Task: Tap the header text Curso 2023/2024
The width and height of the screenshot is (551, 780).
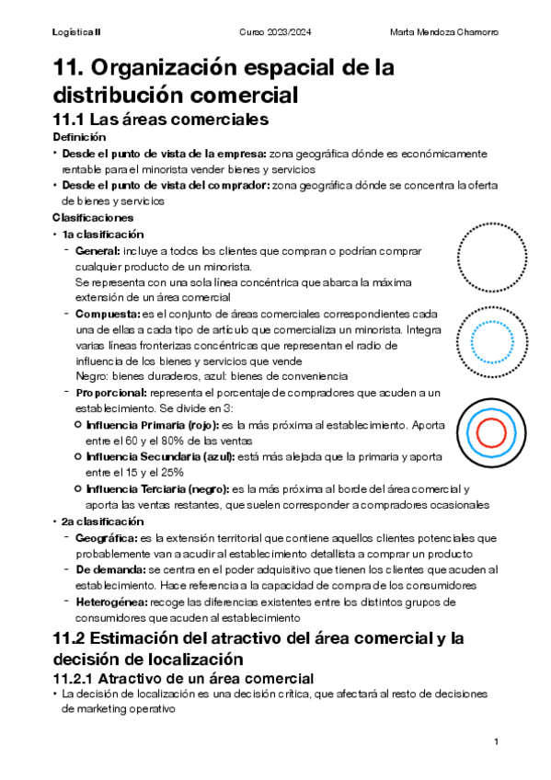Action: coord(274,33)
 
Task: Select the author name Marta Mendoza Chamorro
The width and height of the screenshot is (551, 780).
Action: coord(444,33)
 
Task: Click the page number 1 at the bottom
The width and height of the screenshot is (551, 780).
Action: coord(496,741)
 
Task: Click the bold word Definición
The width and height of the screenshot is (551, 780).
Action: coord(79,137)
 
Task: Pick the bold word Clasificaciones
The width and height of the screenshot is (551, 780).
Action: coord(93,218)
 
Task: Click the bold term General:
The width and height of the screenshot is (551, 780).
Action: coord(98,250)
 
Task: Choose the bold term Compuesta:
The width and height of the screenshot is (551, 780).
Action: coord(108,314)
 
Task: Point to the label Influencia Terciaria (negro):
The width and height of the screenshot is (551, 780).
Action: coord(157,488)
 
